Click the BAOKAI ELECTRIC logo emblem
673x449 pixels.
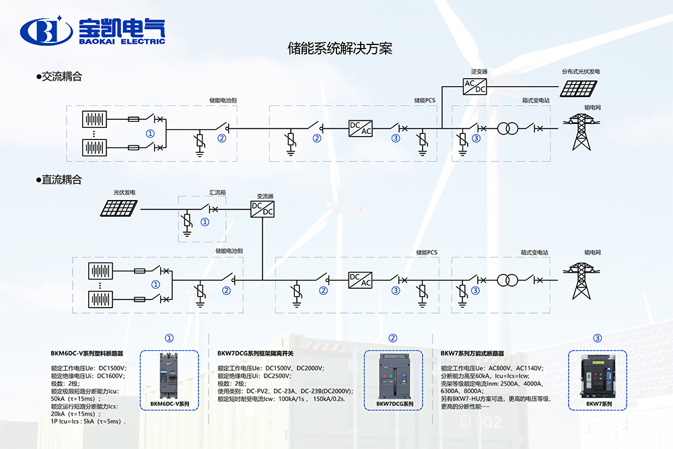(x=46, y=30)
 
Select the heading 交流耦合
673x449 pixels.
(x=61, y=77)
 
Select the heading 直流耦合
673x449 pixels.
(x=61, y=180)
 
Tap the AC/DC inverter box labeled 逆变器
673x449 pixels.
(x=475, y=85)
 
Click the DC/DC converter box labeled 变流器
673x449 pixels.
(x=262, y=208)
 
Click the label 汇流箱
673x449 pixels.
(x=217, y=193)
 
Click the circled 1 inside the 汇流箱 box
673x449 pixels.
(x=205, y=221)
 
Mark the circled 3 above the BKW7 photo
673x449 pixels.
(x=597, y=338)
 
